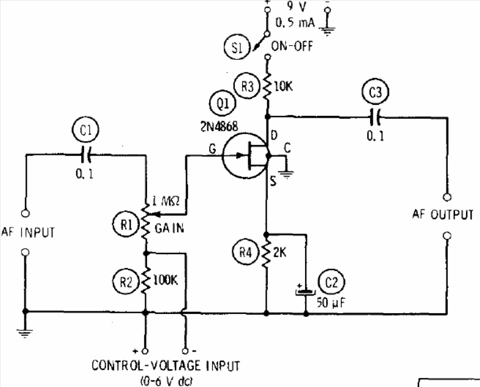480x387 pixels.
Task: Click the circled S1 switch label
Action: click(x=237, y=48)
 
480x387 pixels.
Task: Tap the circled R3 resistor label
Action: click(x=248, y=86)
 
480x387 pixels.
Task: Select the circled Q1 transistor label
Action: click(x=223, y=104)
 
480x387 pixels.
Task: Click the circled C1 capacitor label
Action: click(x=86, y=130)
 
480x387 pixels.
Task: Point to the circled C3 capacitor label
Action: click(x=375, y=92)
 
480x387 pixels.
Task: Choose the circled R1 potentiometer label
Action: click(x=126, y=224)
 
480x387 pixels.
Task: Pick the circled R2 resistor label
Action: click(x=126, y=281)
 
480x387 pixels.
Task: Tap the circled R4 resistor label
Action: click(x=246, y=252)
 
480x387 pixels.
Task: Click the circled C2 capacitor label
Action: click(x=331, y=282)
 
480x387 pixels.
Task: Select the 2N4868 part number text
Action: click(x=219, y=126)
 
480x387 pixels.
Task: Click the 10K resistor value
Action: click(x=283, y=87)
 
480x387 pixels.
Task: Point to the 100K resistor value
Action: click(x=165, y=280)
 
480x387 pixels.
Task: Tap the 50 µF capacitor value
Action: click(x=331, y=302)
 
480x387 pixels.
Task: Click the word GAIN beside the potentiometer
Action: click(x=170, y=228)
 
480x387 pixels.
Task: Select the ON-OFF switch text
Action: click(x=292, y=46)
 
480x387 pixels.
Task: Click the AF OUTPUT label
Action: click(x=443, y=215)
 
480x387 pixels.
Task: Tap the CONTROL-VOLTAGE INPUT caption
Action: click(x=166, y=366)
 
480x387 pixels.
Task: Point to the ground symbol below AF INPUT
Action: click(x=25, y=333)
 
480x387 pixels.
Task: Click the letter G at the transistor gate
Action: click(x=212, y=149)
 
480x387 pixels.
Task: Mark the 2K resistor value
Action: click(x=280, y=252)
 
